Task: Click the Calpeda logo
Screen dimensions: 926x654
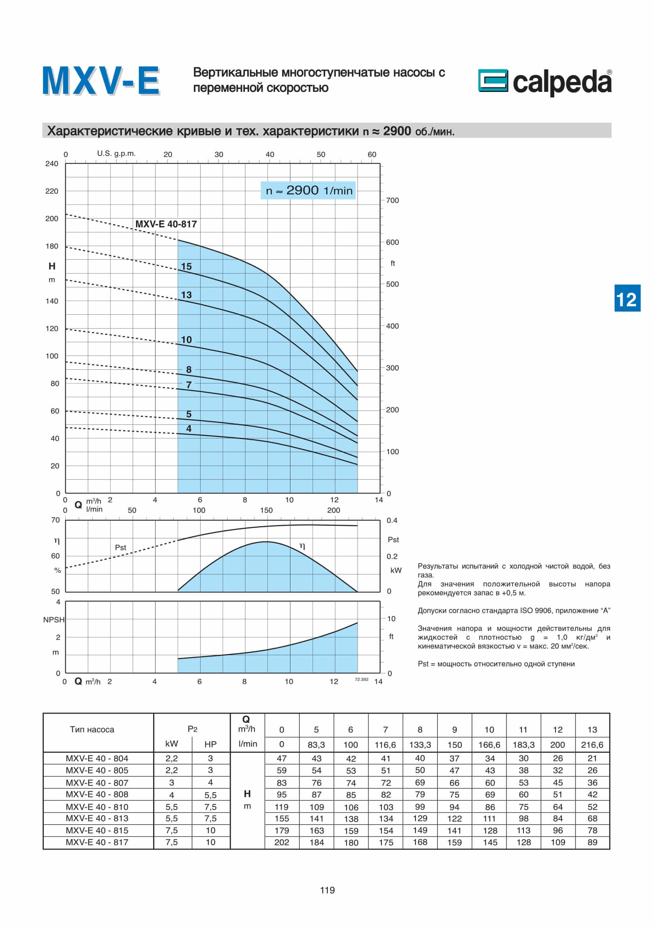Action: (x=544, y=82)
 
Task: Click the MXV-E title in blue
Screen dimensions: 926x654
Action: (x=101, y=81)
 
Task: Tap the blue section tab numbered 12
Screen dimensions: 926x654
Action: (x=627, y=299)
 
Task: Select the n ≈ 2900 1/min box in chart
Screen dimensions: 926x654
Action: (x=308, y=190)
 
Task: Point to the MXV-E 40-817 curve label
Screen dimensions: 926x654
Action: (x=166, y=224)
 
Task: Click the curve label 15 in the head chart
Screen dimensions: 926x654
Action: (x=186, y=266)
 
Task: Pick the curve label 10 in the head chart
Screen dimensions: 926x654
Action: (x=186, y=340)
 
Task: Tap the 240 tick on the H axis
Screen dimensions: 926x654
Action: (x=51, y=164)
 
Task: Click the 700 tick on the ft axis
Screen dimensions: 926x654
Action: (x=392, y=200)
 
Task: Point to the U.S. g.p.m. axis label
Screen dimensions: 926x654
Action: (x=116, y=153)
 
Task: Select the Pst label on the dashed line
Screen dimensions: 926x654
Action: (x=120, y=547)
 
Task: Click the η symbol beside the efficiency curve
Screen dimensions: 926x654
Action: (x=302, y=546)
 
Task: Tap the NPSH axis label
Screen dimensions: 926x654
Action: (x=53, y=620)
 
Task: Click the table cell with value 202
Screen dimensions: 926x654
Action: (x=281, y=842)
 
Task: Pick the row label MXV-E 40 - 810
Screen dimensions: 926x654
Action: (x=97, y=806)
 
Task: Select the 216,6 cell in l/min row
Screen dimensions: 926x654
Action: (x=592, y=745)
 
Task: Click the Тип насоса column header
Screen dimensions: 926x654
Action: (x=92, y=729)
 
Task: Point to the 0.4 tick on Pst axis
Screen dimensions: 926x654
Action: (x=392, y=520)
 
